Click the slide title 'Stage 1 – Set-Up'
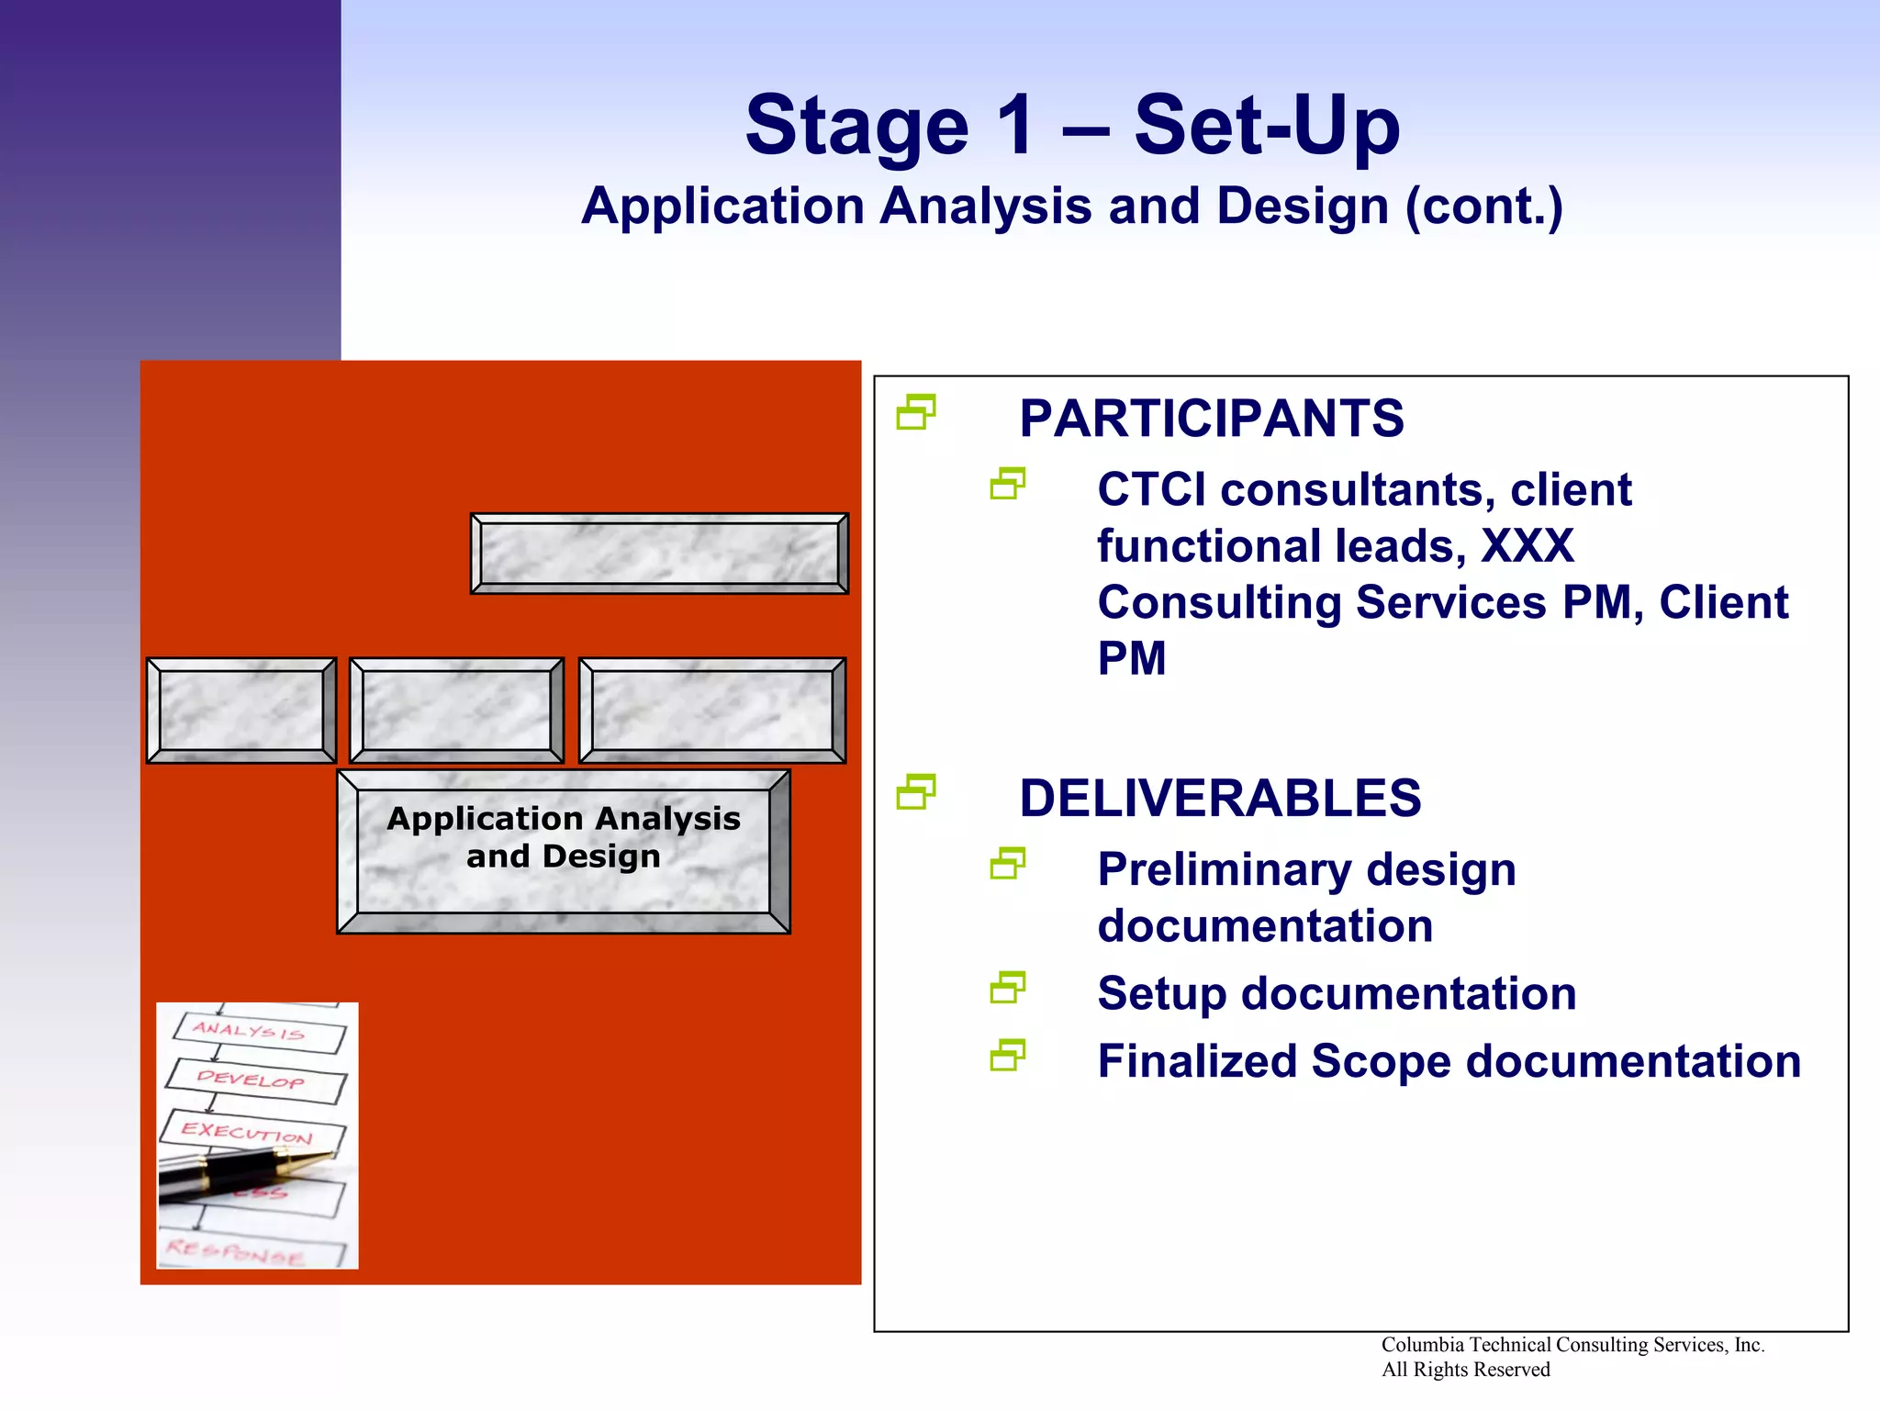(1071, 126)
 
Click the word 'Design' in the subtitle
(1302, 207)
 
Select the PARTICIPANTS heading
(1211, 419)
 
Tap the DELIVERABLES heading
(1219, 798)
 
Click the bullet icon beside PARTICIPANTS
(915, 412)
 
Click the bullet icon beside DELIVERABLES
(915, 792)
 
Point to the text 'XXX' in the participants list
(1527, 546)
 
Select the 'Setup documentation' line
(1336, 993)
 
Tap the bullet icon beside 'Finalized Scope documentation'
(1007, 1056)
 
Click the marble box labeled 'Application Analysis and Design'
(563, 851)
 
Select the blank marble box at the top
(659, 554)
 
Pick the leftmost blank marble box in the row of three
(241, 711)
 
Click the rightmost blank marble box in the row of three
(711, 711)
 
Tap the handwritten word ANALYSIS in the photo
(248, 1031)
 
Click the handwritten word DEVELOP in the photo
(250, 1079)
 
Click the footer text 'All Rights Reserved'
(1465, 1370)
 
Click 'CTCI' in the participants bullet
(1151, 490)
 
